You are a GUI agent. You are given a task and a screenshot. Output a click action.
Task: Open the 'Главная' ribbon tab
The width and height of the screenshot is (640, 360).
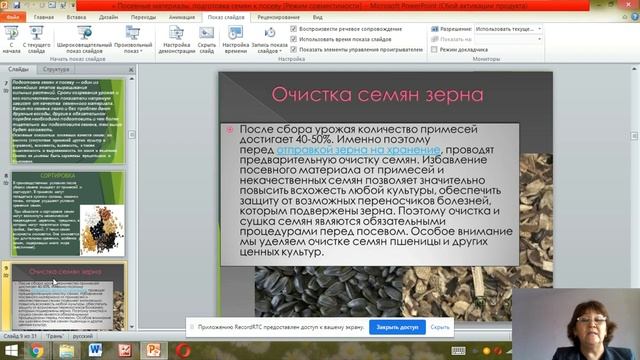[43, 18]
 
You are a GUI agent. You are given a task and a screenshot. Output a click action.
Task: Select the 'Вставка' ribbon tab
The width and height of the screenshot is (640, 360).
[76, 18]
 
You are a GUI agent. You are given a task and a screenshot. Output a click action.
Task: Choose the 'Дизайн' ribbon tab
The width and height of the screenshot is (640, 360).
[108, 18]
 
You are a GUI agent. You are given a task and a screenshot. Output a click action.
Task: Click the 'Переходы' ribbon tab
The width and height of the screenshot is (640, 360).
[143, 18]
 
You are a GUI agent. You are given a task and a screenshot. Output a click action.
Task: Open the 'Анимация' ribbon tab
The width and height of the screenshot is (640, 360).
[181, 18]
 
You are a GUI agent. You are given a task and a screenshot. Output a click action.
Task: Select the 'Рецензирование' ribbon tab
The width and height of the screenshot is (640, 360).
[276, 18]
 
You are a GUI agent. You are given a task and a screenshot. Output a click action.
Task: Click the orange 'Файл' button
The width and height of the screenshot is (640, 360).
[13, 18]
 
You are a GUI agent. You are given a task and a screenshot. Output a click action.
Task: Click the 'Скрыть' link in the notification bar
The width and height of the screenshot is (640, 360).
[440, 327]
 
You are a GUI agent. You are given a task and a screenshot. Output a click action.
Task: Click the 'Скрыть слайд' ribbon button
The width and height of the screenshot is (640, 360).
[207, 42]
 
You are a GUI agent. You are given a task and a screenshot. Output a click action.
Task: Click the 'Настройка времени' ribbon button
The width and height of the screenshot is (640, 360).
[236, 42]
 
